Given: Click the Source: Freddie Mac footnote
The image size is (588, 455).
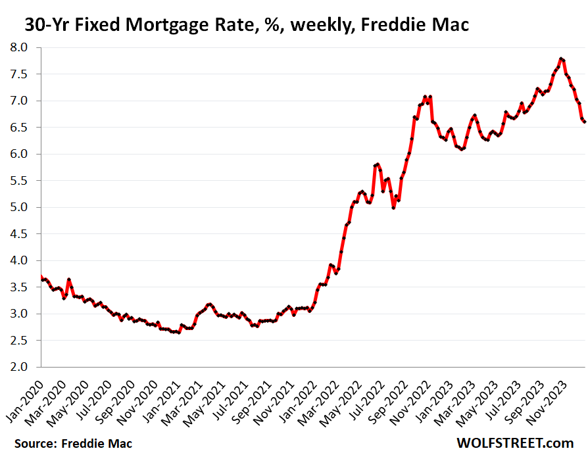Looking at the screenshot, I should [73, 443].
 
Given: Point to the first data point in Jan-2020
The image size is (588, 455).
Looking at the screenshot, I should [41, 277].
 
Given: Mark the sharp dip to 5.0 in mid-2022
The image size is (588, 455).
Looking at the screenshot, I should [393, 207].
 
